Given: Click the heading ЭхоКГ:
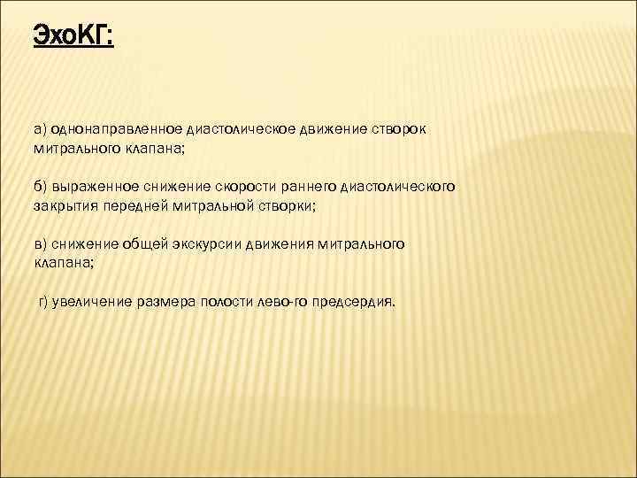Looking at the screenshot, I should pyautogui.click(x=73, y=36).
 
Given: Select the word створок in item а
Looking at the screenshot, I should pyautogui.click(x=400, y=129).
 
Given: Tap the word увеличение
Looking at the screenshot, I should pyautogui.click(x=93, y=301).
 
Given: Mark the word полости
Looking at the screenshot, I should pyautogui.click(x=230, y=301).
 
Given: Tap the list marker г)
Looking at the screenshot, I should pyautogui.click(x=42, y=301).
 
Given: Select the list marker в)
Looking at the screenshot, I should pyautogui.click(x=42, y=244).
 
